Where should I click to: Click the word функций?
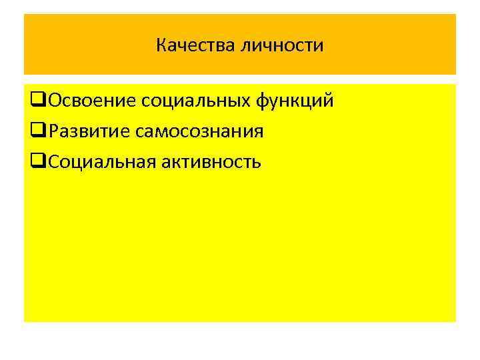pos(295,102)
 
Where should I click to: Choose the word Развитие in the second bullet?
pos(89,131)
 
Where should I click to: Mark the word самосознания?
pos(199,131)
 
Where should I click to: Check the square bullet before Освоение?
pos(37,102)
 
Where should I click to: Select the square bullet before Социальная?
pos(37,162)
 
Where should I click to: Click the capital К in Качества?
pos(161,45)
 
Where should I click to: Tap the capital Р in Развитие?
pos(53,131)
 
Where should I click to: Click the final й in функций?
pos(328,101)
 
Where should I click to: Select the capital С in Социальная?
pos(53,161)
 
